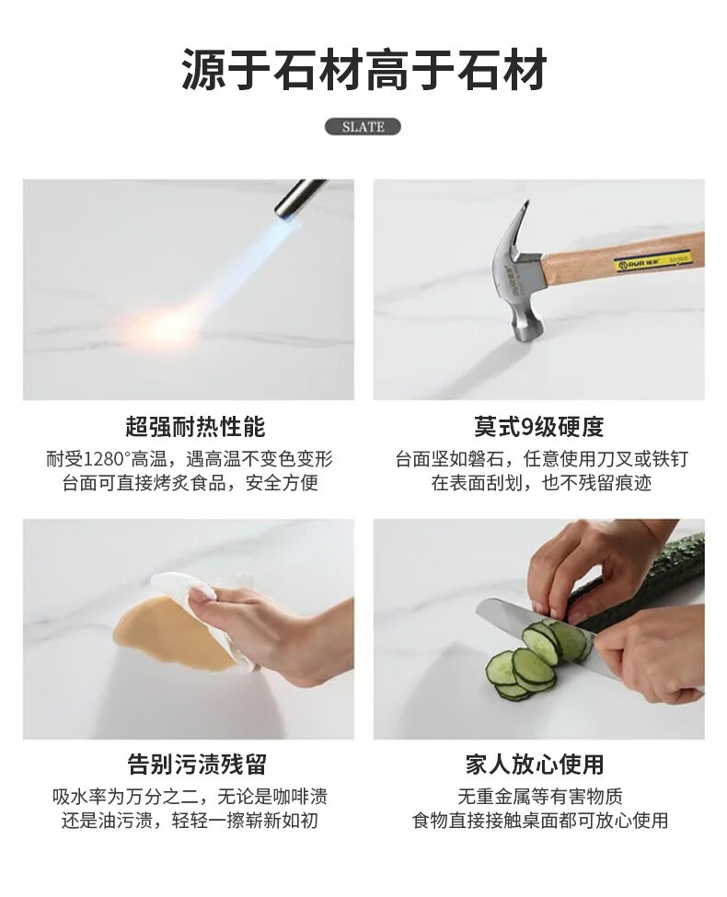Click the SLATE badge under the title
pos(363,126)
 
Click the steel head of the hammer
pos(519,274)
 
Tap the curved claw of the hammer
pos(519,226)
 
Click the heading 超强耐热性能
pos(195,427)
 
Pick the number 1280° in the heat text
pos(107,459)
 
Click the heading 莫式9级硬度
pos(538,427)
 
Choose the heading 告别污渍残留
pos(197,765)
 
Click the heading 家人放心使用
pos(535,765)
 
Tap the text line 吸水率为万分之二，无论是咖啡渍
pos(190,797)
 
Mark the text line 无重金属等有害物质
pos(540,797)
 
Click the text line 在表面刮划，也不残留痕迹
pos(541,483)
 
